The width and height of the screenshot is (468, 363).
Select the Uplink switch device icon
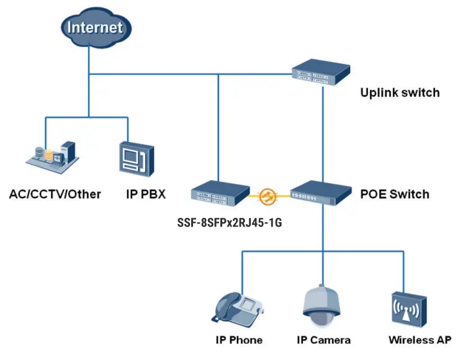click(x=321, y=71)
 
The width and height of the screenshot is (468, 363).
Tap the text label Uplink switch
click(x=400, y=92)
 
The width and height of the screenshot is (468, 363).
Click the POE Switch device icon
click(x=321, y=193)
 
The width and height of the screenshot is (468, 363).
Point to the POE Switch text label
click(x=394, y=194)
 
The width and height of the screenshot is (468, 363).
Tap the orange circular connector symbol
click(x=268, y=196)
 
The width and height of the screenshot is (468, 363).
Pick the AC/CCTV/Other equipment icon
click(x=52, y=155)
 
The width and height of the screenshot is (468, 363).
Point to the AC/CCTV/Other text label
click(x=55, y=194)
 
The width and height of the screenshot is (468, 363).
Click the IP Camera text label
click(x=323, y=339)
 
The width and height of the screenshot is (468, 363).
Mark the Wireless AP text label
click(x=420, y=339)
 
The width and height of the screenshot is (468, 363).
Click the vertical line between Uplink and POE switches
click(x=322, y=130)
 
